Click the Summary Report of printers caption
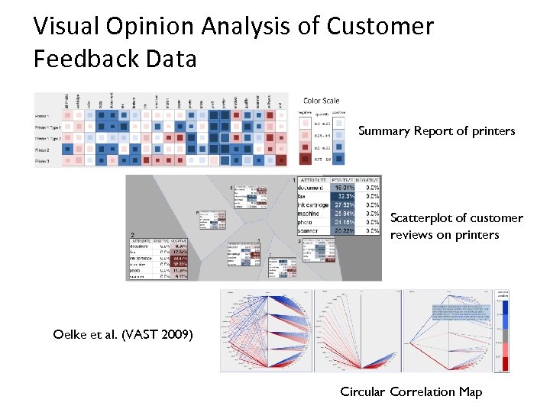[436, 131]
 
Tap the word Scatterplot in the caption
[425, 218]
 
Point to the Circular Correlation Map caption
[411, 392]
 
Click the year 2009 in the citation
[176, 333]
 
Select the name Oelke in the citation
[70, 333]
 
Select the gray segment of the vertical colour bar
[503, 336]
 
